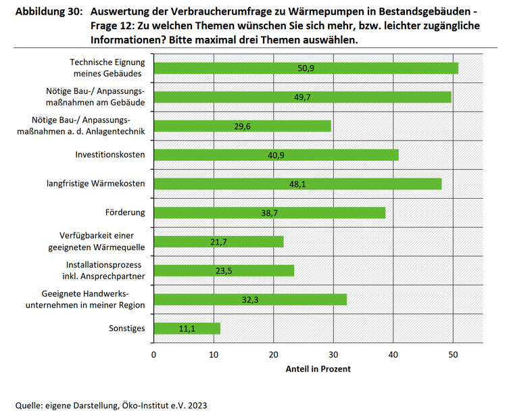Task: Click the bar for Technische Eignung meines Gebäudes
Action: click(306, 68)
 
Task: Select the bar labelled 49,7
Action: click(302, 97)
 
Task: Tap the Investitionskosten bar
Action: click(276, 155)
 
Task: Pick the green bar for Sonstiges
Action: click(187, 328)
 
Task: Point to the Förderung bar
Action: click(269, 213)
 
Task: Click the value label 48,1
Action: click(297, 184)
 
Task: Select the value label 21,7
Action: click(219, 242)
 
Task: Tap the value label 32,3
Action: click(250, 299)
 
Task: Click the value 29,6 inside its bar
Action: click(243, 126)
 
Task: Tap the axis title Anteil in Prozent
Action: click(318, 369)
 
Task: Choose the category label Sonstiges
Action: click(126, 328)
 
